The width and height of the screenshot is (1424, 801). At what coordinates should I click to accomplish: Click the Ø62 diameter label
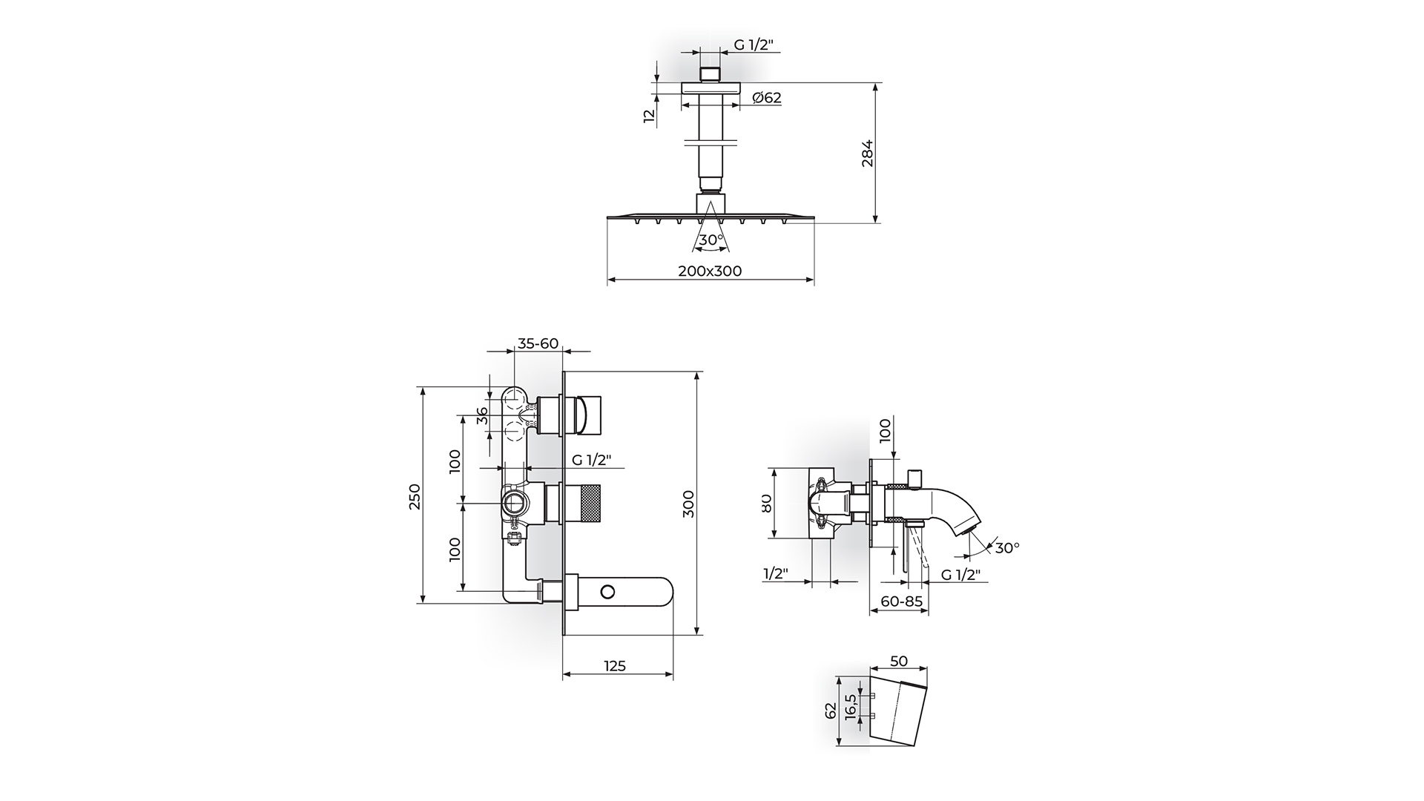coord(766,98)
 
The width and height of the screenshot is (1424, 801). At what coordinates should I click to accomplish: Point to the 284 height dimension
coord(868,153)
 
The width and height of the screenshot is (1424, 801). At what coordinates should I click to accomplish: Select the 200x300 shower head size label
coord(710,271)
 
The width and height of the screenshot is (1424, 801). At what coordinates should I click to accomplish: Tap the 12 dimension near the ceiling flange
coord(650,115)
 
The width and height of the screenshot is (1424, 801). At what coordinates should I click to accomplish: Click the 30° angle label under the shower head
coord(711,240)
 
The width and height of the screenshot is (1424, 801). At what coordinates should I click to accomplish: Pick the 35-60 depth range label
coord(538,343)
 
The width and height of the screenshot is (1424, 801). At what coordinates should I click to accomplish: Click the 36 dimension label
coord(482,415)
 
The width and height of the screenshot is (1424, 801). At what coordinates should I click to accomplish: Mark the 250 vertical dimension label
coord(415,495)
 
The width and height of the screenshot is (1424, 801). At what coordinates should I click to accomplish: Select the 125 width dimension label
coord(615,666)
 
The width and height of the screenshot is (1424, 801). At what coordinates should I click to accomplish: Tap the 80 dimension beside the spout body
coord(767,503)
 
